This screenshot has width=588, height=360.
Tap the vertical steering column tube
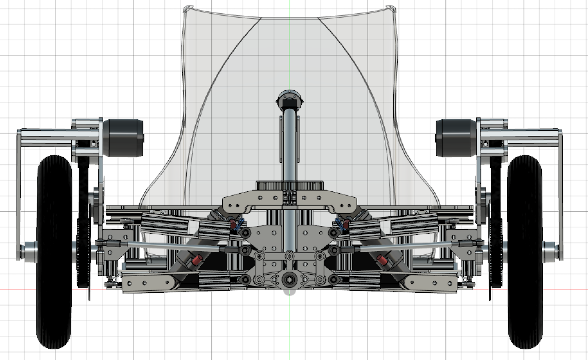pos(290,147)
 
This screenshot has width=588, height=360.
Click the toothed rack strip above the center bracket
pos(289,185)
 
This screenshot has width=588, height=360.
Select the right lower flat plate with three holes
pos(430,283)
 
